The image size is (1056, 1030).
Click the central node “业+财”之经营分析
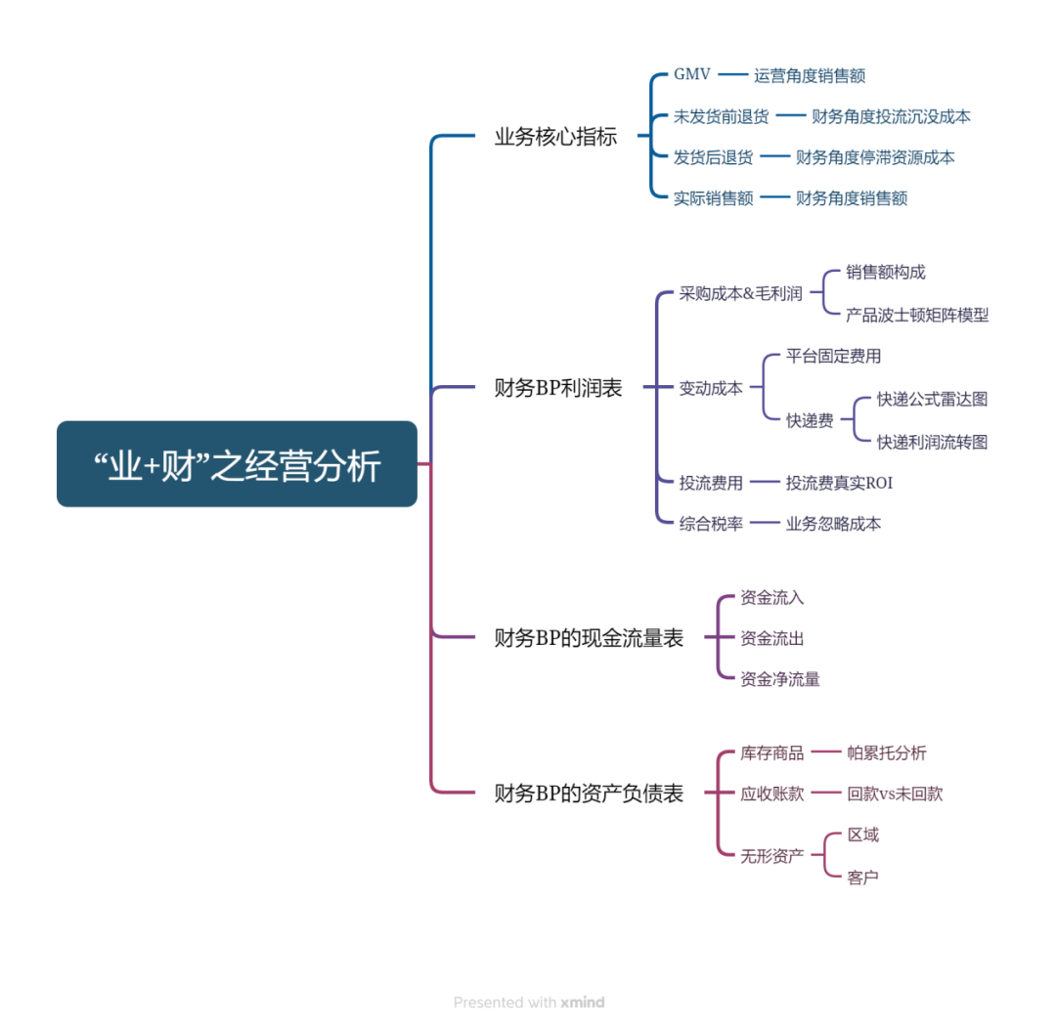237,464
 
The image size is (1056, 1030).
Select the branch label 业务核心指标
555,137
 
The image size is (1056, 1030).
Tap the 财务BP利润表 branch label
558,388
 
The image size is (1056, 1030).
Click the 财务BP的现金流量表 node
589,638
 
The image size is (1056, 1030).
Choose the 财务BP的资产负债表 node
589,794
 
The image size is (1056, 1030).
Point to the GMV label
692,75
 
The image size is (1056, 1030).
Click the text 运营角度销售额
810,75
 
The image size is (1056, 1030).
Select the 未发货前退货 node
721,116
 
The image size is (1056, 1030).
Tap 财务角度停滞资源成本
875,157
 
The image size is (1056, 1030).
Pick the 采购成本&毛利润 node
740,294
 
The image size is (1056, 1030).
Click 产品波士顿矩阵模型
917,315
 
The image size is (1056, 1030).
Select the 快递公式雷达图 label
932,399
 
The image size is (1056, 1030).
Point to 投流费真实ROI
839,483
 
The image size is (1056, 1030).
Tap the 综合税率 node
711,524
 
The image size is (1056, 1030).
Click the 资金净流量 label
779,679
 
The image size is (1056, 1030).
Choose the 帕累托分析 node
886,752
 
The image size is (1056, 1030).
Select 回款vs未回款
895,794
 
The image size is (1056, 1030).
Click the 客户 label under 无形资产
862,878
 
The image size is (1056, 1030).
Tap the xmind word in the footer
583,1002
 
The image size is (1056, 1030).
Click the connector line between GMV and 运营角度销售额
732,75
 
